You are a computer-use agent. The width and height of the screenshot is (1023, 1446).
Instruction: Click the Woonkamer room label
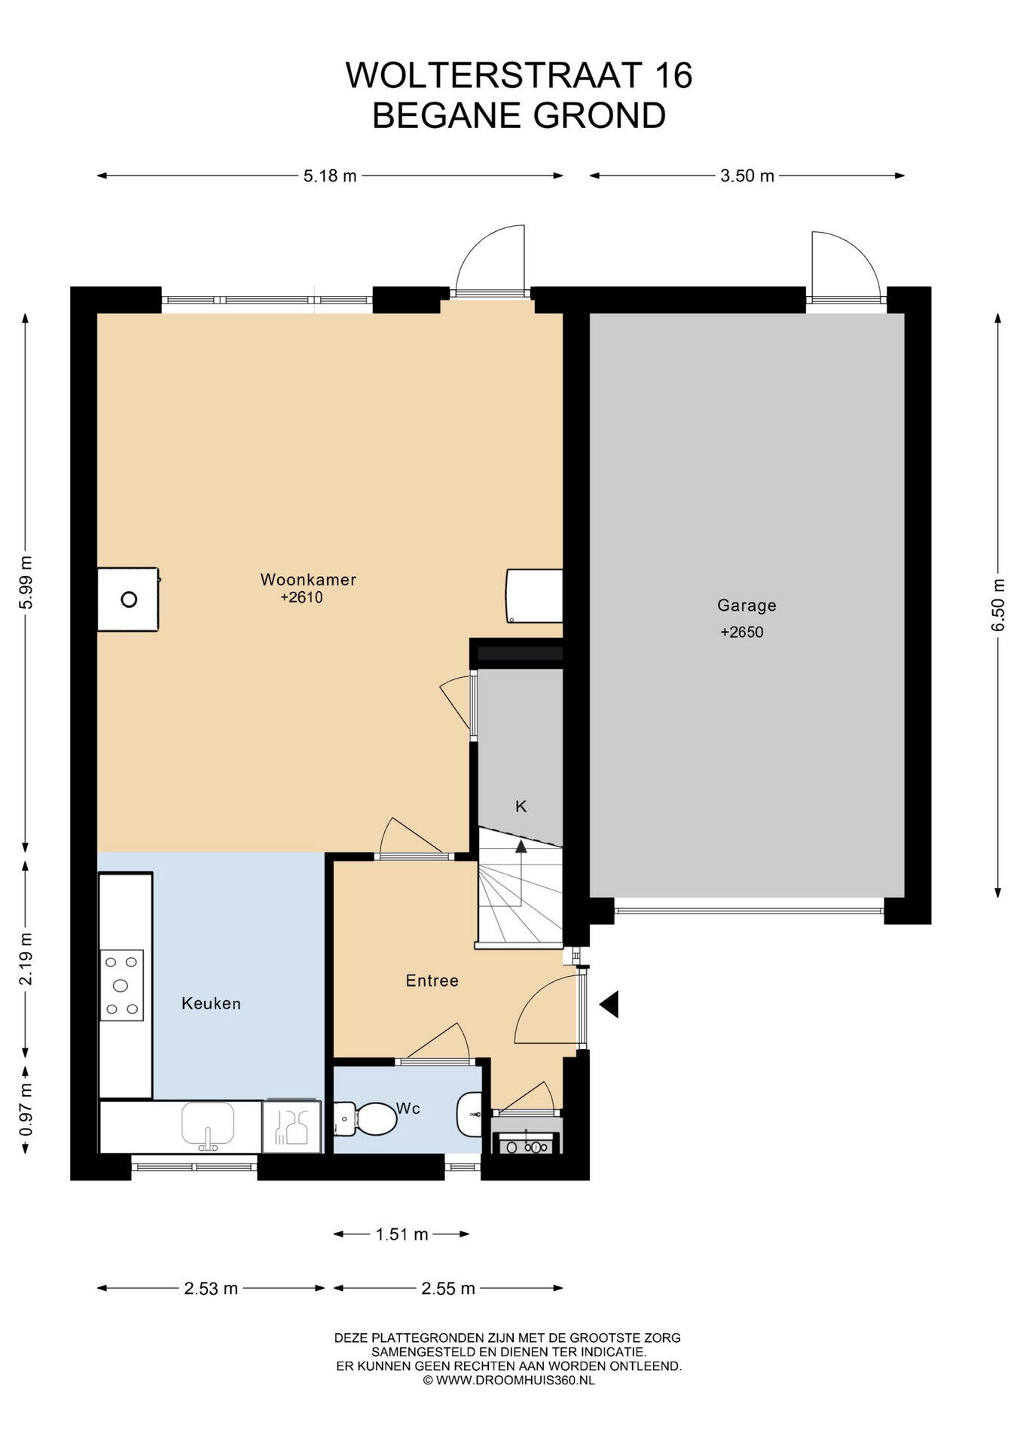coord(308,580)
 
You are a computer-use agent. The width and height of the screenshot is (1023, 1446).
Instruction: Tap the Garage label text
coord(747,606)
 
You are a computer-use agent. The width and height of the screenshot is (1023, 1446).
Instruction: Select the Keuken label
coord(211,1004)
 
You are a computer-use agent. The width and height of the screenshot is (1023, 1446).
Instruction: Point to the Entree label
coord(432,981)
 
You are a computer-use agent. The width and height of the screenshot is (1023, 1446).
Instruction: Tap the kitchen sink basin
coord(208,1124)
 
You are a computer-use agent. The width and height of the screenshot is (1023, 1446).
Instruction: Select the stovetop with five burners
coord(121,984)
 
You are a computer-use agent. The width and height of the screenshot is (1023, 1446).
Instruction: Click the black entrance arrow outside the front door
coord(609,1004)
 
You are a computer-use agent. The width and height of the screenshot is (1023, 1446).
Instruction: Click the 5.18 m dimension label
coord(330,176)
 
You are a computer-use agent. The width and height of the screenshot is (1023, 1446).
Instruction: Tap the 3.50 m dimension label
coord(747,176)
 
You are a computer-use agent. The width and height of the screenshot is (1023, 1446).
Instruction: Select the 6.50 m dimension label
coord(998,606)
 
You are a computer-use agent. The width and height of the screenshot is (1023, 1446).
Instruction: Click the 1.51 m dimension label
coord(402,1234)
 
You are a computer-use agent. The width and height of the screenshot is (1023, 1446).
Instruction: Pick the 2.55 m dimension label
coord(448,1289)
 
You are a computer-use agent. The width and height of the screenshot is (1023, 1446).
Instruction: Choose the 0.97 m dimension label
coord(26,1110)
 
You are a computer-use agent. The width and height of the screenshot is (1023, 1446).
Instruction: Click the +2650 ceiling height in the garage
coord(742,633)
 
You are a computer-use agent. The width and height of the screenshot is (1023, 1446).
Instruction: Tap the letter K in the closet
coord(521,807)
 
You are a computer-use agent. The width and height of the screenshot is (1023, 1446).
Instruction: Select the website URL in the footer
coord(509,1380)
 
